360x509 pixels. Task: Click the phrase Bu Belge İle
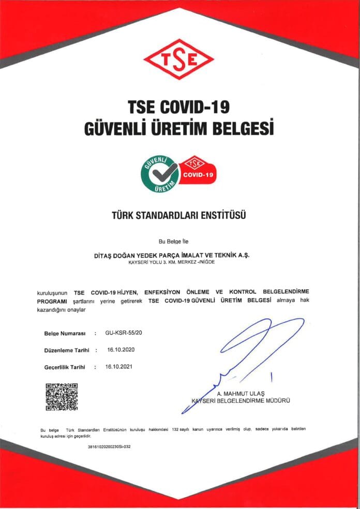coord(179,242)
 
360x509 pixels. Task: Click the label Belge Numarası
coord(65,334)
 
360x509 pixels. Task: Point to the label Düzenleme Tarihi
coord(67,350)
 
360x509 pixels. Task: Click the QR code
coord(62,397)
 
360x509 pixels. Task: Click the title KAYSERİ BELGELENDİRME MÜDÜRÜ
coord(241,401)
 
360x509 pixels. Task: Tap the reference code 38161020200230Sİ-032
coord(110,446)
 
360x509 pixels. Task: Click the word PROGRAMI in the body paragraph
coord(52,301)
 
